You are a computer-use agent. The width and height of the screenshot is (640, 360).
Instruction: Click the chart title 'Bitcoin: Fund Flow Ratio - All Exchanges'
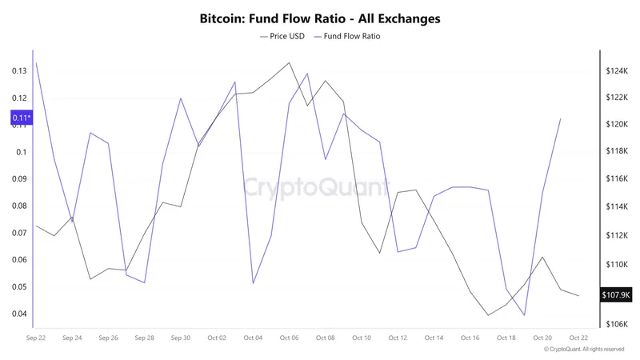pos(320,18)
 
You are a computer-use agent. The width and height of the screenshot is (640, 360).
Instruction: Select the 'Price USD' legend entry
pos(283,37)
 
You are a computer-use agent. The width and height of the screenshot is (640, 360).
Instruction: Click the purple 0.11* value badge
pos(21,118)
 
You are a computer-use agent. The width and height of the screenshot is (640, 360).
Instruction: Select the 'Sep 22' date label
pos(35,338)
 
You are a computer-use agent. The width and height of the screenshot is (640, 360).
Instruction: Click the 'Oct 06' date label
pos(289,338)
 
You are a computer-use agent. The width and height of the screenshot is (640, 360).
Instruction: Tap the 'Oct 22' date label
pos(578,338)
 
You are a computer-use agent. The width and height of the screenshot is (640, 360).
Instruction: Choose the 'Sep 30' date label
pos(180,338)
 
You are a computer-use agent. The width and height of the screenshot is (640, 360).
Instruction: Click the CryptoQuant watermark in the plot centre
pos(320,189)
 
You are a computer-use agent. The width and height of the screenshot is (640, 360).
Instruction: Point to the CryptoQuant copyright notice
pos(583,350)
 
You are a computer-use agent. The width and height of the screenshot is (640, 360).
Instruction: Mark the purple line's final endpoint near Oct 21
pos(561,118)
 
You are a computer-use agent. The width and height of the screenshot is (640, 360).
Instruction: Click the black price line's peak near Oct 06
pos(289,62)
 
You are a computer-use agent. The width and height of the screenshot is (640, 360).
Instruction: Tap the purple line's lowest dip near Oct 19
pos(525,315)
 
